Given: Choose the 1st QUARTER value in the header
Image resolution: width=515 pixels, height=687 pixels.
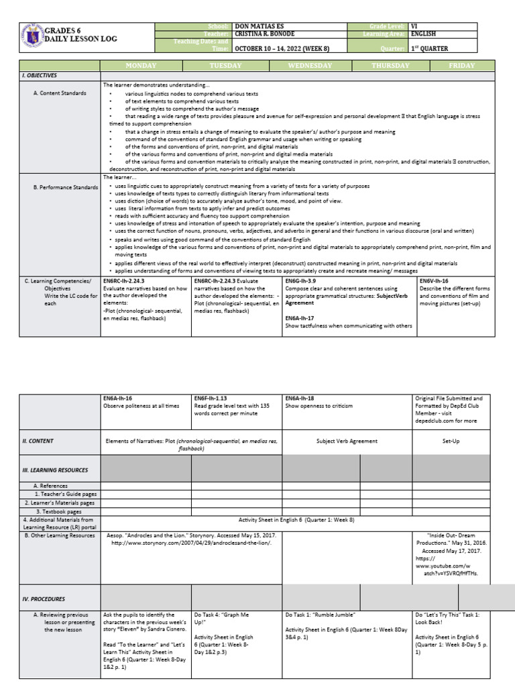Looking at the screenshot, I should point(430,48).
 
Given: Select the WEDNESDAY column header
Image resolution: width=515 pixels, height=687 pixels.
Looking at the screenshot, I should point(309,66).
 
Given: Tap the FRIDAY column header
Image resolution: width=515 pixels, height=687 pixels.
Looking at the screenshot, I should point(461,66).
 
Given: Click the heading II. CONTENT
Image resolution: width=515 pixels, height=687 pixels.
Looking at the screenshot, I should point(38,441).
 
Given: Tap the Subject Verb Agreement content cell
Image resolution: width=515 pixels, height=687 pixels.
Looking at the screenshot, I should point(347,441).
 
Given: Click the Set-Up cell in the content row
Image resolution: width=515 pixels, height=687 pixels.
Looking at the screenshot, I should point(452,441).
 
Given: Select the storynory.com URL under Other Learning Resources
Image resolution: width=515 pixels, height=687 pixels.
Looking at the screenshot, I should point(191,543).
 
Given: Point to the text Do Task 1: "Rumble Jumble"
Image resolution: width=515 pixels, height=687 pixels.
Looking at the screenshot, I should point(320,615).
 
